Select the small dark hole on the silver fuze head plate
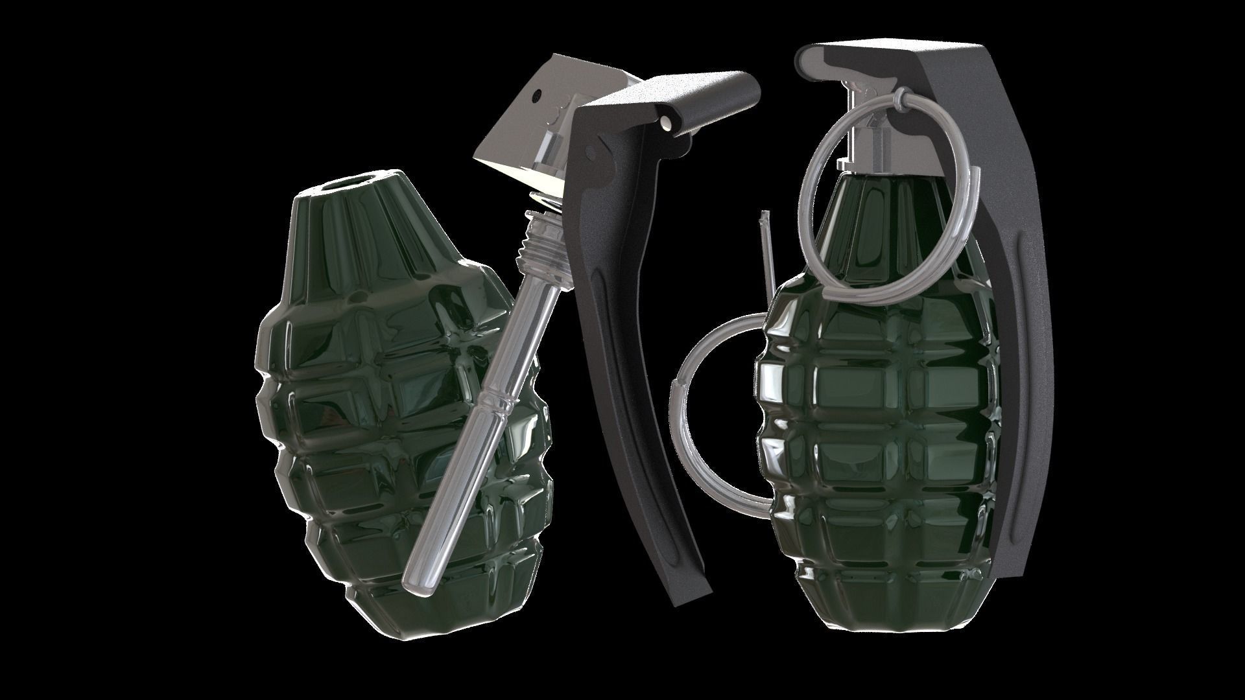pyautogui.click(x=537, y=96)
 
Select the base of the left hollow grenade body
pyautogui.click(x=415, y=619)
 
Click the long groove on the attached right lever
pyautogui.click(x=1019, y=389)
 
